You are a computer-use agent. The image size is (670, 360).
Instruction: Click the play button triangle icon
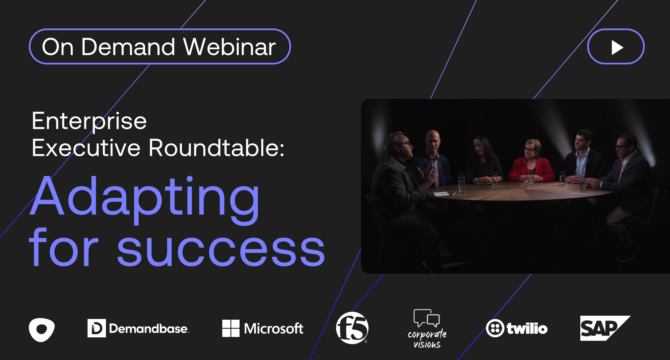tap(617, 47)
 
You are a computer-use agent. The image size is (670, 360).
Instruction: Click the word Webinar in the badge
tap(229, 47)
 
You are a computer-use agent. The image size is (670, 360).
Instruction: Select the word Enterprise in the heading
tap(89, 121)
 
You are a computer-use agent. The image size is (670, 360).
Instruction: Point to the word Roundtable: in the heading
tap(216, 148)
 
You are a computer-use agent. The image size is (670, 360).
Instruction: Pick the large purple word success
tap(221, 250)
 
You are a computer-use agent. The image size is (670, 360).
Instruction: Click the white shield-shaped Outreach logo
tap(42, 329)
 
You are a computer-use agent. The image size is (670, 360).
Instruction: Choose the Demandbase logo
tap(138, 328)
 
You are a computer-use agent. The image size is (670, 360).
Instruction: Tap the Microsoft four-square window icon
tap(231, 328)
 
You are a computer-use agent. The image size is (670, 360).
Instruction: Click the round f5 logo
tap(352, 328)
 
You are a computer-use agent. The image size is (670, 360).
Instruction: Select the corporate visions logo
tap(427, 329)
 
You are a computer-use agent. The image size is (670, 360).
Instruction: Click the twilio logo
tap(517, 328)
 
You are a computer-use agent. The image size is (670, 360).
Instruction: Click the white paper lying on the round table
tap(441, 194)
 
